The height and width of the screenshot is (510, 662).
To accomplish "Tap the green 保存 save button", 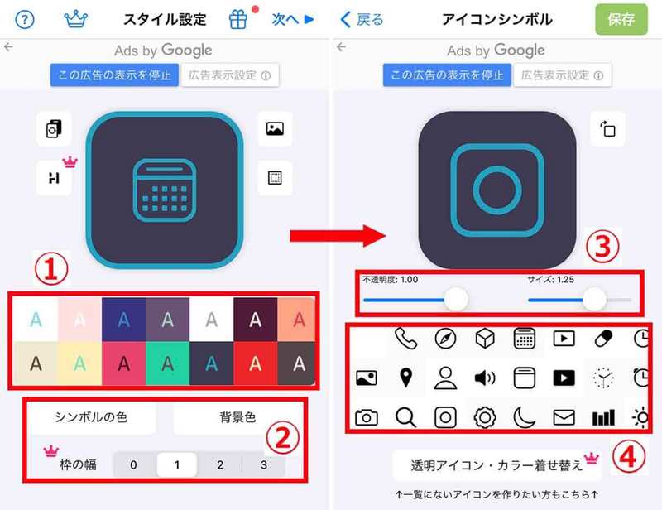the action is tap(621, 19).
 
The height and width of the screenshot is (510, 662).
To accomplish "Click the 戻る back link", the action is tap(362, 19).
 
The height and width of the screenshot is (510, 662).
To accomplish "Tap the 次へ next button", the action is tap(293, 19).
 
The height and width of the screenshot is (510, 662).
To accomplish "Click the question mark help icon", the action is tap(25, 19).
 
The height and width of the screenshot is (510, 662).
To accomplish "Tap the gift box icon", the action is tap(238, 19).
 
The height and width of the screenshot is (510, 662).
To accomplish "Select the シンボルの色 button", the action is tap(91, 417).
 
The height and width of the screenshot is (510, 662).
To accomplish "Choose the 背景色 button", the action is tap(237, 417).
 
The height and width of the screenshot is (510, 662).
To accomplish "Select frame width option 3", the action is tap(264, 464).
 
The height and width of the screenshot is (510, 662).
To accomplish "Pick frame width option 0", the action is tap(133, 464).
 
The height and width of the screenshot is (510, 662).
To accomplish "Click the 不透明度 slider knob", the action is tap(456, 300).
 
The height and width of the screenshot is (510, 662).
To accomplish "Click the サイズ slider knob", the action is tap(594, 300).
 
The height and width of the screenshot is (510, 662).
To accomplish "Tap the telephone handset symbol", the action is tap(405, 339).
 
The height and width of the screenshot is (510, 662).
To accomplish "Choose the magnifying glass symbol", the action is tap(405, 417).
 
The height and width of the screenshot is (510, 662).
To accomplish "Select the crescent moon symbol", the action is tap(524, 417).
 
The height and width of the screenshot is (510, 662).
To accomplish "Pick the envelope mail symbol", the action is tap(564, 417).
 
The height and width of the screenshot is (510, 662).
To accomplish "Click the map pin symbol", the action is tap(405, 378).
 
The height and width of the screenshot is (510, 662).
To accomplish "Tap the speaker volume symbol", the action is tap(485, 378).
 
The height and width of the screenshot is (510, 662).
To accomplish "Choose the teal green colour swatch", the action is tap(168, 363).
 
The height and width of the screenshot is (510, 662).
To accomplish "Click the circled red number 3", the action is tap(603, 247).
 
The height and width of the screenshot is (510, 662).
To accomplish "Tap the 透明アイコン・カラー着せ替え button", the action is tap(497, 465).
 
